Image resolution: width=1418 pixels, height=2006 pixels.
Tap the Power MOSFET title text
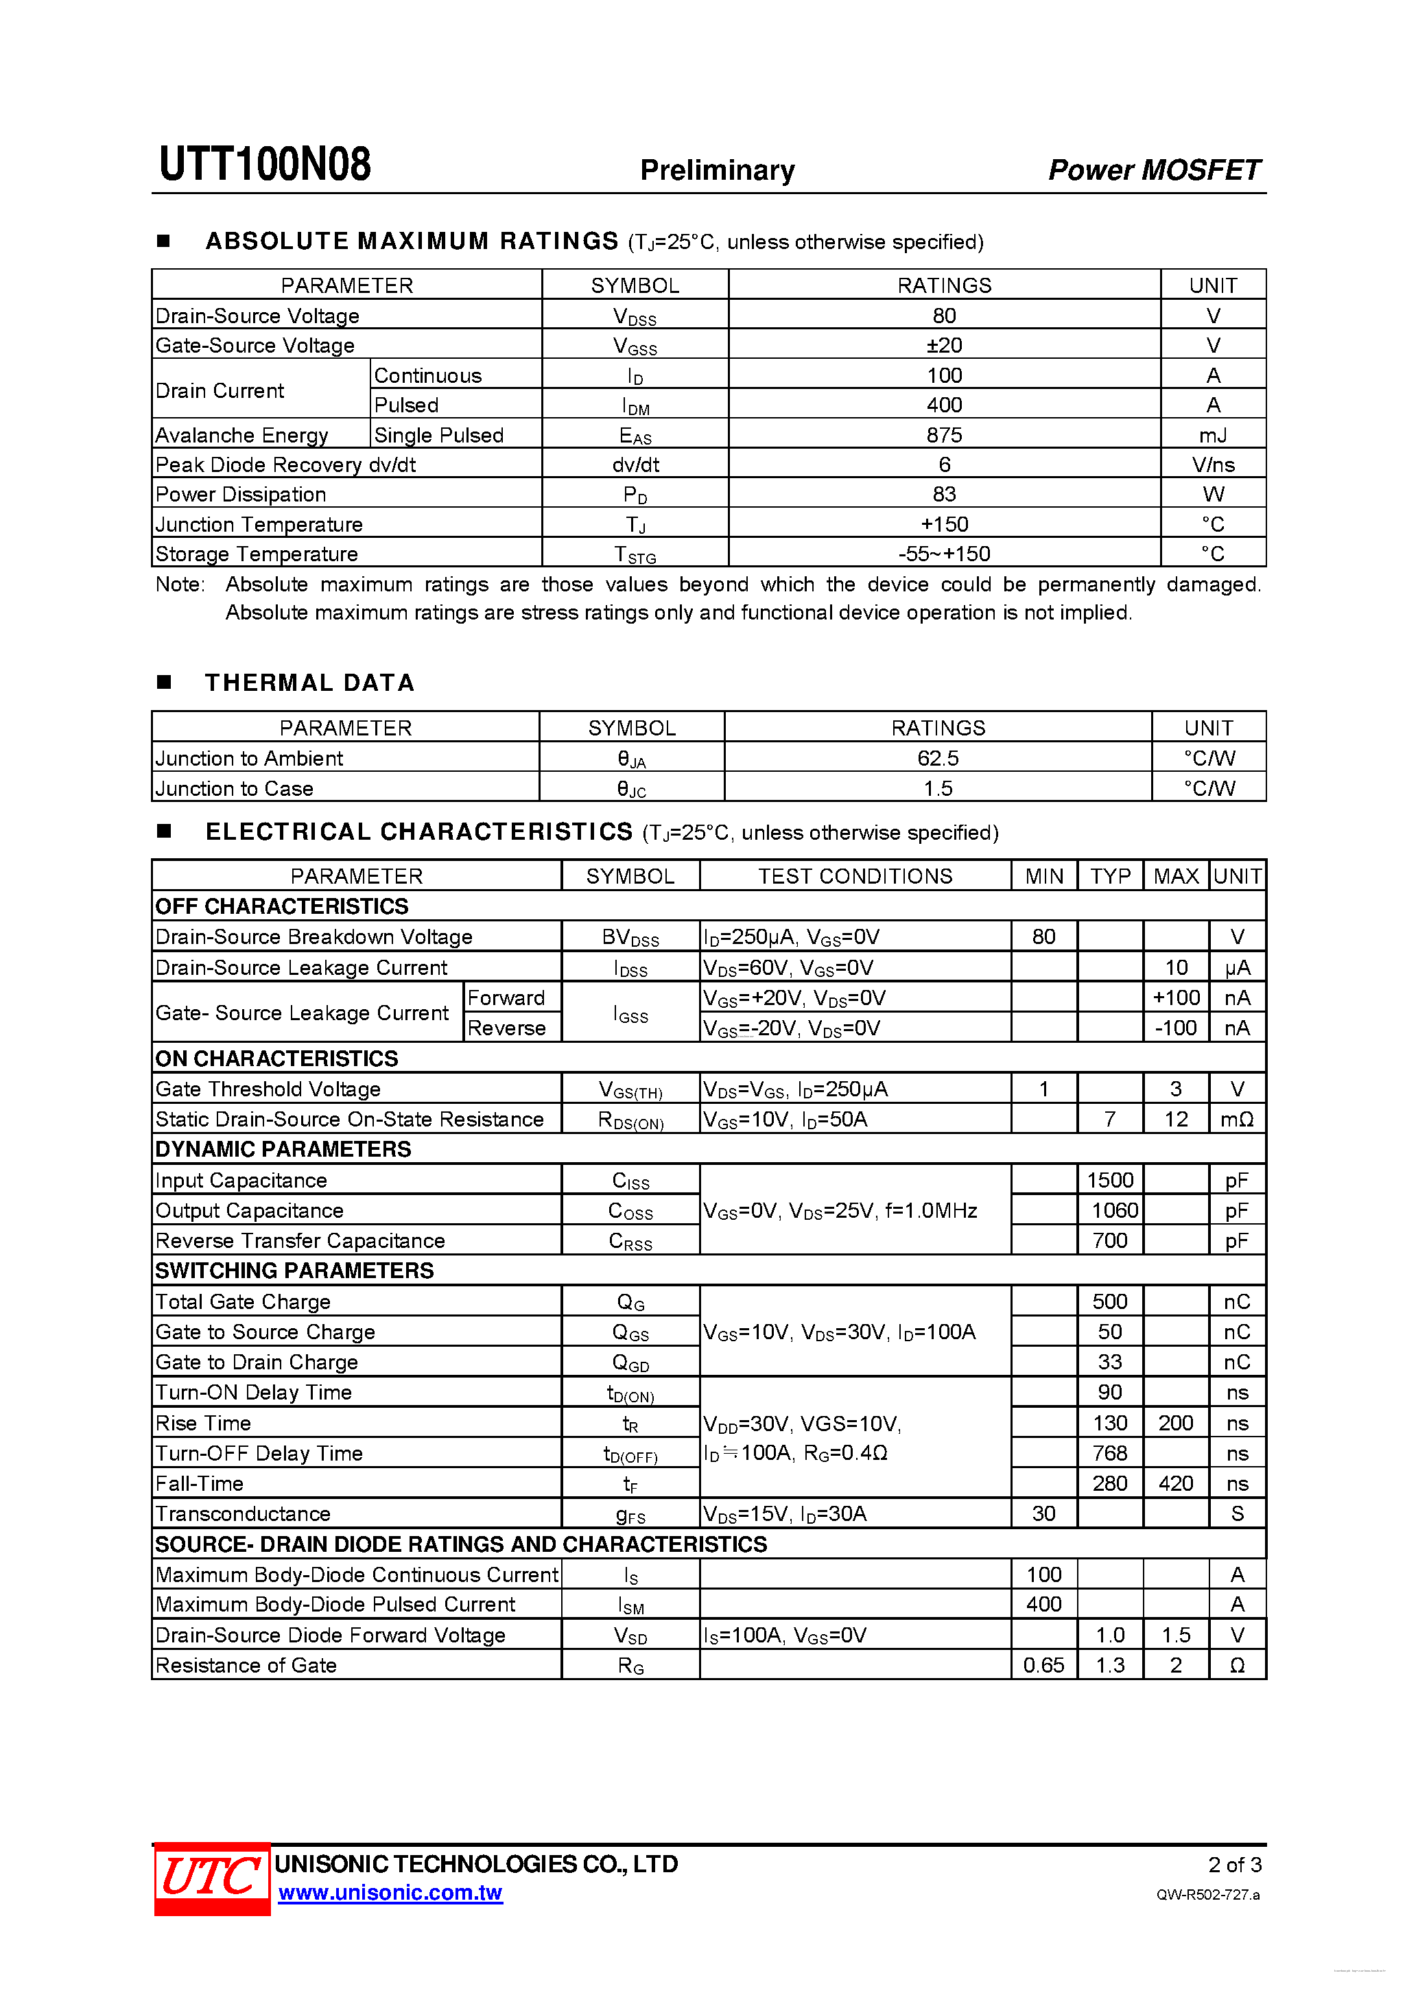pos(1153,169)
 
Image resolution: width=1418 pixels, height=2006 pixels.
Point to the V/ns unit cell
pos(1213,465)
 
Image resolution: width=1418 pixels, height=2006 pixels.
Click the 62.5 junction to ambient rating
pos(938,758)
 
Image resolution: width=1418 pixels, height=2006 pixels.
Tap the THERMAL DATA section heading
pos(309,683)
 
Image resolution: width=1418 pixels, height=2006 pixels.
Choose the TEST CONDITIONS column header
pos(855,876)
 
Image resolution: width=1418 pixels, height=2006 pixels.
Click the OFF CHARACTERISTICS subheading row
pos(282,906)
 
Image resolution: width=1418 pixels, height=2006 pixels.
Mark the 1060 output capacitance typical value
pos(1114,1210)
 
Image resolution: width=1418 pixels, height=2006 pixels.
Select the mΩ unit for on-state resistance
pos(1236,1119)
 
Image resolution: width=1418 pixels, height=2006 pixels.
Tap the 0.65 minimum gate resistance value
pos(1043,1665)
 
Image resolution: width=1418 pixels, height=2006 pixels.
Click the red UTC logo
pos(211,1878)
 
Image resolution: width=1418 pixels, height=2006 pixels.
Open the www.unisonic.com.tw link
pos(390,1893)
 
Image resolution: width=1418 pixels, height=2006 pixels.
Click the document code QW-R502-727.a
pos(1207,1895)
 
